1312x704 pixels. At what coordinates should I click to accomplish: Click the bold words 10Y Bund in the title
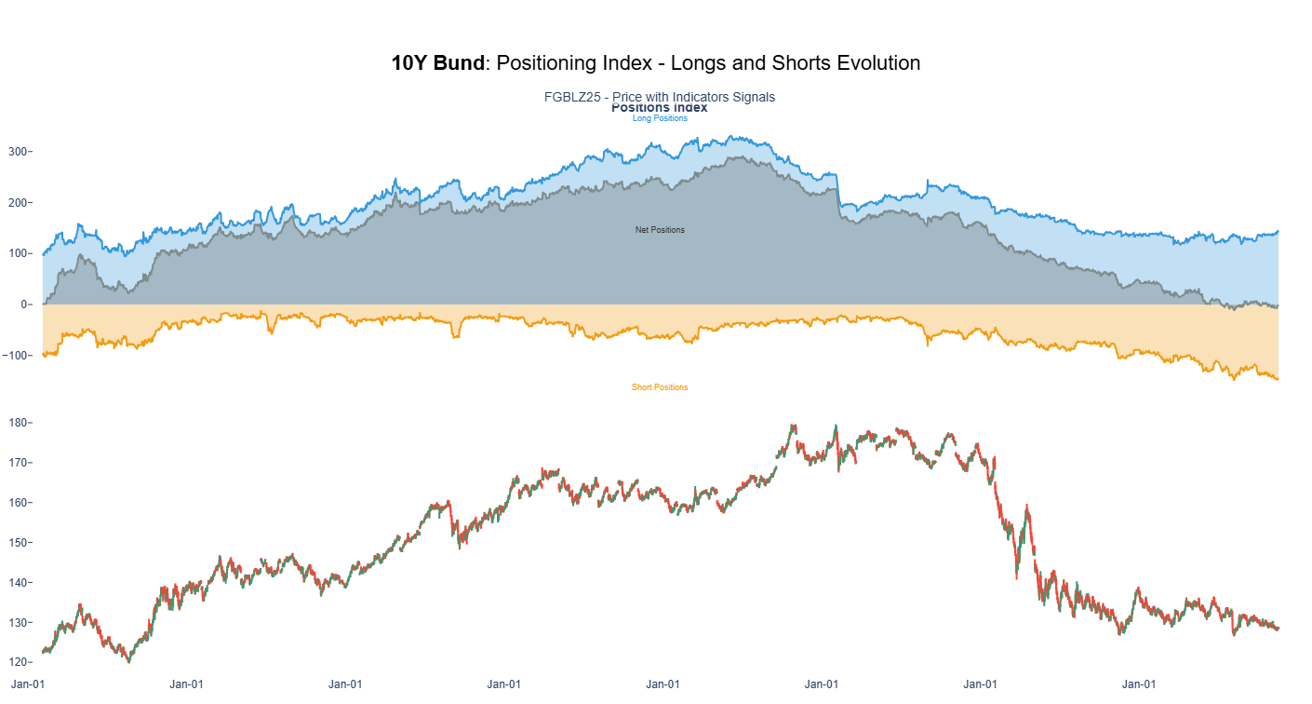[x=437, y=63]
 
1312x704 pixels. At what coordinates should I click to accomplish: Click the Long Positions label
[x=660, y=118]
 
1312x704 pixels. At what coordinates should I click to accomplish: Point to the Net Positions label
[x=660, y=230]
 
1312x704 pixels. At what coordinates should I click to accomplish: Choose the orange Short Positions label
[x=660, y=387]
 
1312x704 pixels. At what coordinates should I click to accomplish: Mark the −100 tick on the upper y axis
[x=16, y=356]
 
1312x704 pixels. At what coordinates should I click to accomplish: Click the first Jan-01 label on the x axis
[x=28, y=684]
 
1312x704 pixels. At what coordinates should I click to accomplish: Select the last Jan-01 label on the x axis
[x=1139, y=684]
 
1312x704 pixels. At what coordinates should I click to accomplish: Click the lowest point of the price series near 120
[x=128, y=661]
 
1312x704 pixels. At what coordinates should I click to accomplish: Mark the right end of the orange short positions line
[x=1278, y=379]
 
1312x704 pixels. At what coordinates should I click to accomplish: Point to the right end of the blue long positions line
[x=1278, y=231]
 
